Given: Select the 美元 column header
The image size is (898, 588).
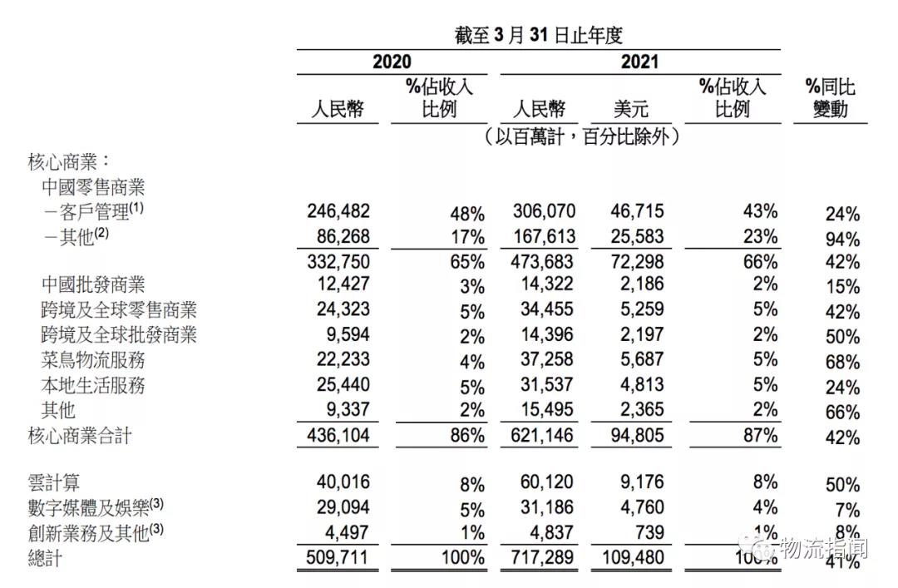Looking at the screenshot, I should pos(630,109).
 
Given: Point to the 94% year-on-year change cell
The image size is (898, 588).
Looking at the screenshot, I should pos(842,240).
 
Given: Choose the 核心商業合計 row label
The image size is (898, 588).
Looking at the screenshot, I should pos(80,435).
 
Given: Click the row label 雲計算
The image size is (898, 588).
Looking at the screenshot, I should pos(54,482).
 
